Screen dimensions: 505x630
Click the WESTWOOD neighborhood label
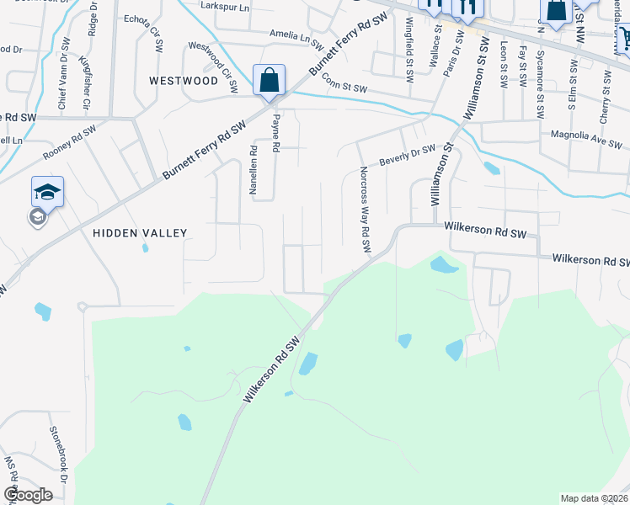click(x=183, y=81)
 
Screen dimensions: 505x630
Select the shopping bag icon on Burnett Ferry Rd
click(x=269, y=82)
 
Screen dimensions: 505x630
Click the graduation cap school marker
click(x=47, y=192)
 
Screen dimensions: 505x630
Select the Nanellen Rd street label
click(x=253, y=170)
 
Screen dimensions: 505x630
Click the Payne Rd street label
click(x=275, y=134)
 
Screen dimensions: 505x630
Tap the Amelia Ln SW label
click(x=296, y=37)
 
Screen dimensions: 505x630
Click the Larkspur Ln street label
click(x=227, y=6)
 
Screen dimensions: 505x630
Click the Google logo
click(x=28, y=495)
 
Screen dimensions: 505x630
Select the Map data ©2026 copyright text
click(x=593, y=497)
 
